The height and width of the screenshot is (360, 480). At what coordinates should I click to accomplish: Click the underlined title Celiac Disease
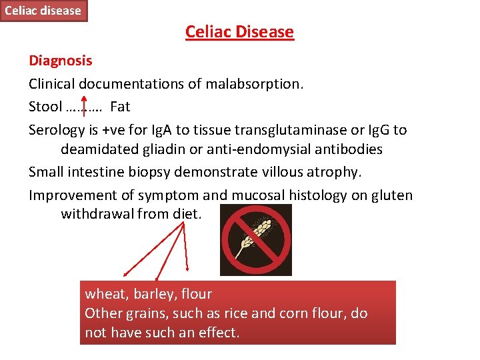tap(239, 32)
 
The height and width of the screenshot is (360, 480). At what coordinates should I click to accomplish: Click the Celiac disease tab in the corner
tap(43, 11)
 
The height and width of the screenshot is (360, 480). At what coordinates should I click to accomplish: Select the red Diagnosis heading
tap(61, 61)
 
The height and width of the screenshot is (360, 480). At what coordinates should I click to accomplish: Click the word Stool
tap(45, 107)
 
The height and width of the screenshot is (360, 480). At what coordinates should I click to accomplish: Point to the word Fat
tap(120, 107)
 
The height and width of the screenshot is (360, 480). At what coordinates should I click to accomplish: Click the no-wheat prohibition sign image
tap(256, 240)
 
